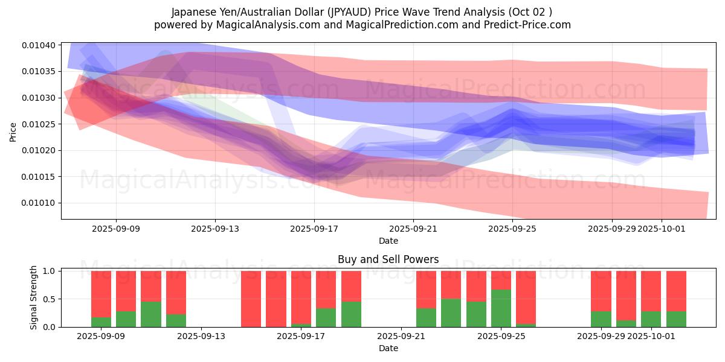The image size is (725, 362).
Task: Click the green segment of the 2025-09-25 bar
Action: pyautogui.click(x=501, y=308)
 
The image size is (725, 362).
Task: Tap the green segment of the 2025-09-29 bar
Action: pyautogui.click(x=601, y=319)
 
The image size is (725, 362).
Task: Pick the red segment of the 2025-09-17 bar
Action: pyautogui.click(x=301, y=297)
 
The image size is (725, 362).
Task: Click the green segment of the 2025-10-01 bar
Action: pyautogui.click(x=651, y=319)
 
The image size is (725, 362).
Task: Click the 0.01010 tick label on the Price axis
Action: pyautogui.click(x=39, y=203)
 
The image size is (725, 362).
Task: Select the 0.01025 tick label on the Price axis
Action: pyautogui.click(x=39, y=124)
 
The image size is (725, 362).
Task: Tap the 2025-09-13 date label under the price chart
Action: pyautogui.click(x=215, y=229)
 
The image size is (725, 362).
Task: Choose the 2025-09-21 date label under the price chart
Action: pyautogui.click(x=413, y=229)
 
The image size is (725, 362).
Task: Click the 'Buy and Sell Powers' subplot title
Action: pyautogui.click(x=388, y=259)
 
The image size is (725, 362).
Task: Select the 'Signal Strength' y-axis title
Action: pyautogui.click(x=34, y=297)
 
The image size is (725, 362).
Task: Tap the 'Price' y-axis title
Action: pyautogui.click(x=13, y=131)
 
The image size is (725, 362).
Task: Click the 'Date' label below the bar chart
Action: pyautogui.click(x=388, y=348)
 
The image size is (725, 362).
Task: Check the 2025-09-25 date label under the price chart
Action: pyautogui.click(x=512, y=229)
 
